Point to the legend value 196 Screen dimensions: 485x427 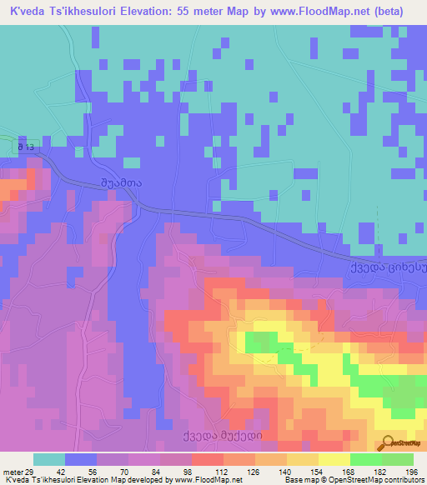pos(411,469)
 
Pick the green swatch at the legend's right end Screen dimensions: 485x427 pos(398,459)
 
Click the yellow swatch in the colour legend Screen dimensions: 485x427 pos(334,459)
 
